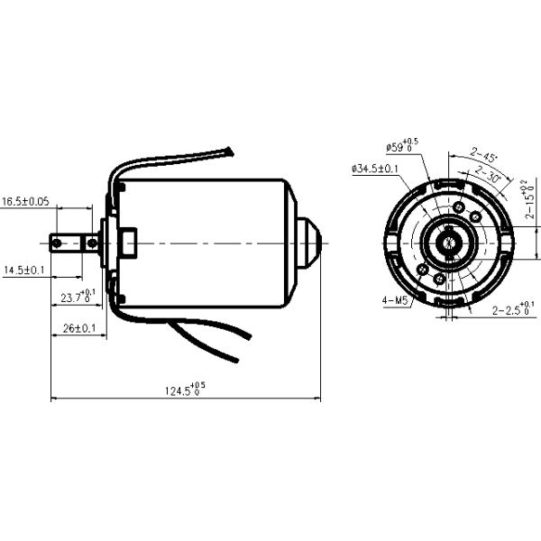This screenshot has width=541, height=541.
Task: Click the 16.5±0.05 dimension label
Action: [25, 201]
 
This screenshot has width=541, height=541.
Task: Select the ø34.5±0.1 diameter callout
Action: [376, 169]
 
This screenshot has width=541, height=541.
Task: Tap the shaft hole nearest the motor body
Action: [91, 242]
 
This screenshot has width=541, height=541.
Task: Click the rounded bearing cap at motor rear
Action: [309, 242]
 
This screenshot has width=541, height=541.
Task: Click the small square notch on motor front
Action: [127, 242]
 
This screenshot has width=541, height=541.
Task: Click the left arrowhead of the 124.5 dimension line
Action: [54, 397]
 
